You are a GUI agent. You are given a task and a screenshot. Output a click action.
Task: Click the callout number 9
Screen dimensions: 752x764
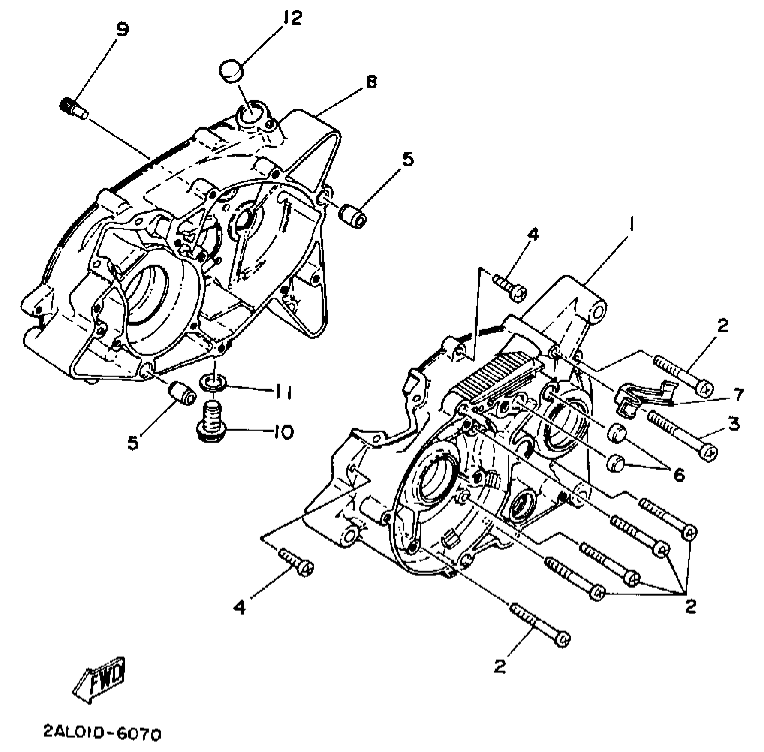point(122,30)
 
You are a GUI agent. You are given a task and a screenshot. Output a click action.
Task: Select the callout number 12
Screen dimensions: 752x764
point(292,18)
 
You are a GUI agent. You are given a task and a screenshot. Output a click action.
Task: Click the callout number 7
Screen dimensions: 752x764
point(737,394)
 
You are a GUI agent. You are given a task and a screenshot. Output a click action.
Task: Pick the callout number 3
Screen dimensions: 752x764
point(733,424)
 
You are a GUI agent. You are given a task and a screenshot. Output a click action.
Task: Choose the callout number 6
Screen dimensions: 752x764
point(679,475)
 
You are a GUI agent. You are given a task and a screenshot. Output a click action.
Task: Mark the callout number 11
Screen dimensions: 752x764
point(281,392)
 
